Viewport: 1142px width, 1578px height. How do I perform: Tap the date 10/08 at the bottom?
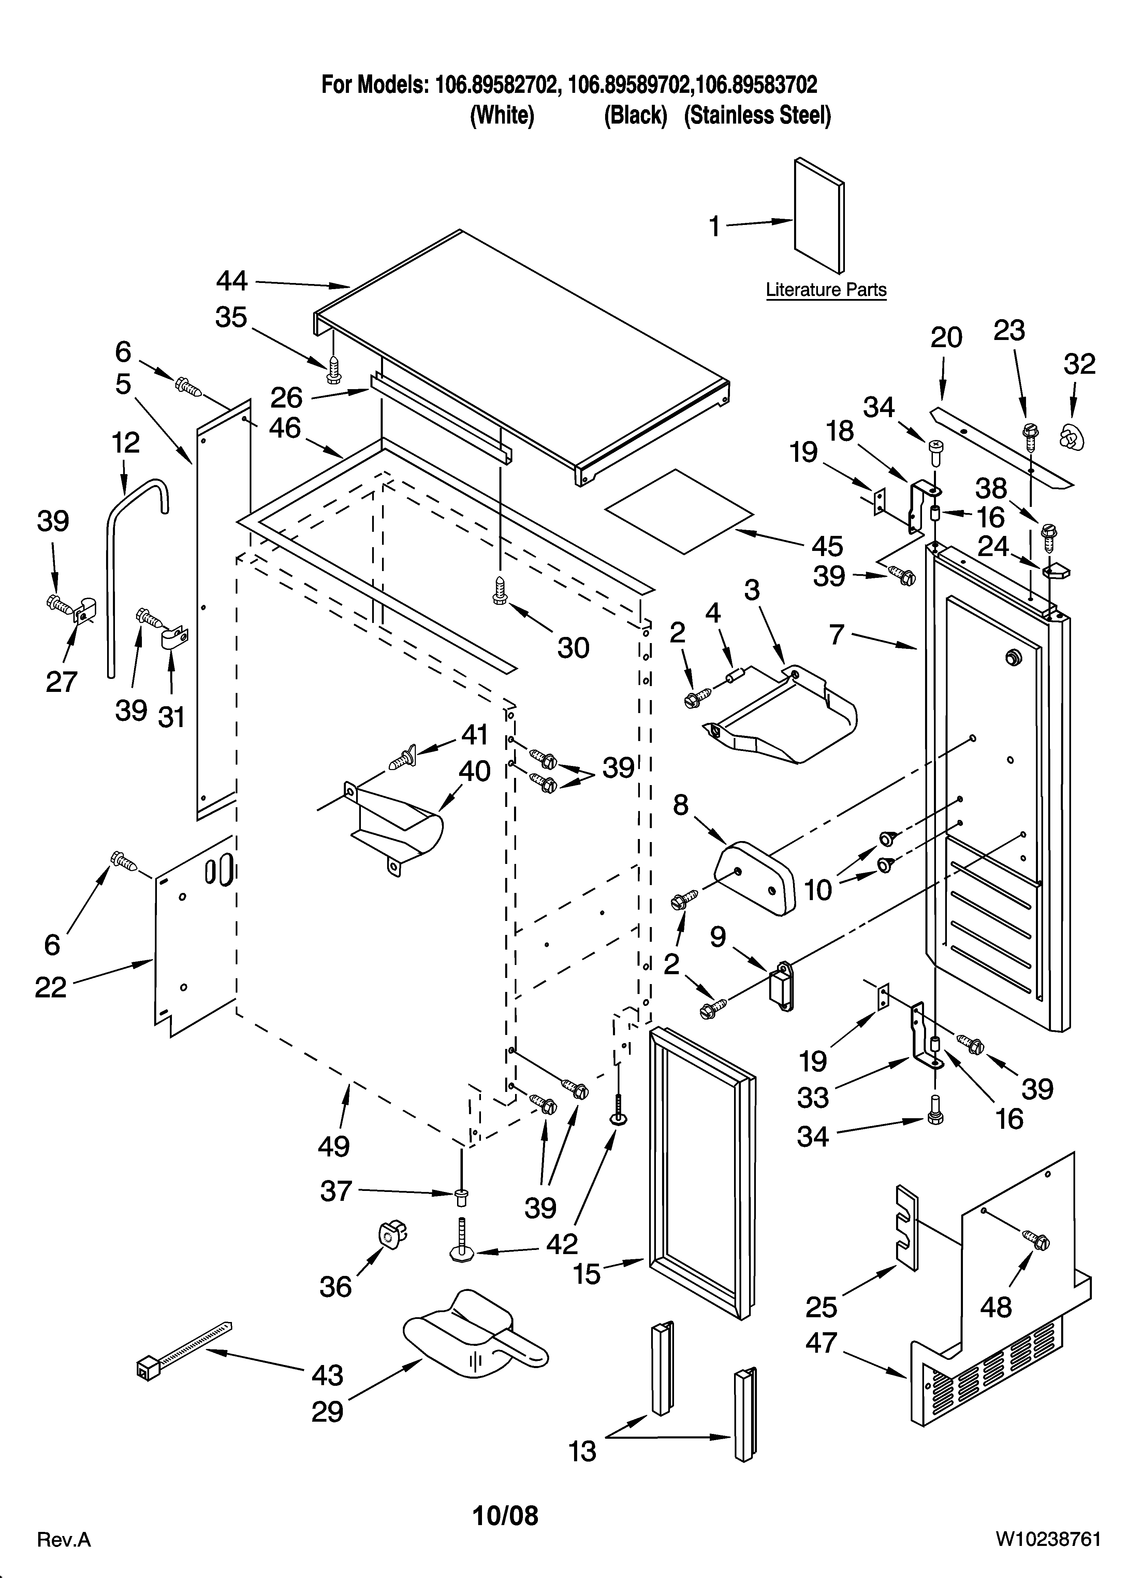[x=506, y=1516]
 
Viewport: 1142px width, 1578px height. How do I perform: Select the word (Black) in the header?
[x=635, y=115]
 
